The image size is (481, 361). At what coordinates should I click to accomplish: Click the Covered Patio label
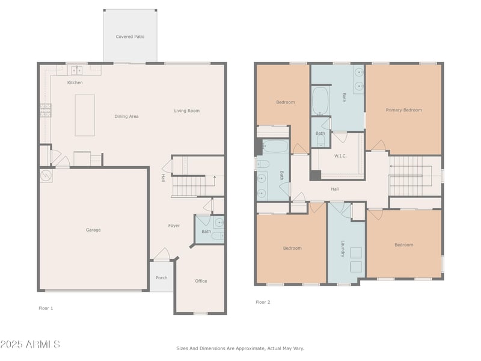pos(130,37)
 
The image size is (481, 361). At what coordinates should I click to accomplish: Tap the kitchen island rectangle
pos(85,115)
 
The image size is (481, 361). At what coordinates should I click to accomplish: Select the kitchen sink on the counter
pos(77,70)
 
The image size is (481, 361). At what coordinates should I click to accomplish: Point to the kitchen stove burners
pos(46,111)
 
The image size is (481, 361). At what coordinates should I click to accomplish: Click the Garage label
pos(93,230)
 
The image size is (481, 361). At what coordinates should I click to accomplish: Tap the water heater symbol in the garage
pos(46,175)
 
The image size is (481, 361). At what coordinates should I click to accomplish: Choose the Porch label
pos(161,278)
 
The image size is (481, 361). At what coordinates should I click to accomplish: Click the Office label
pos(201,281)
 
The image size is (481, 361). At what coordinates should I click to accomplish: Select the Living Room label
pos(187,111)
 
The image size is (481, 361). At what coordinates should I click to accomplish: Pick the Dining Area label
pos(126,116)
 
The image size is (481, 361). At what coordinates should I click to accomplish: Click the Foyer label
pos(174,226)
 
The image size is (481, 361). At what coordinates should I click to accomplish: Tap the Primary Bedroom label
pos(403,110)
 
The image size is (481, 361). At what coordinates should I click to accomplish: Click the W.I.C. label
pos(340,156)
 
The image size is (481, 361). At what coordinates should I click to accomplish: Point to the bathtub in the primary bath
pos(320,101)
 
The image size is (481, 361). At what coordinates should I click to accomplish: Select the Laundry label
pos(343,248)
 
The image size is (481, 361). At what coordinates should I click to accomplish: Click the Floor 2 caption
pos(263,302)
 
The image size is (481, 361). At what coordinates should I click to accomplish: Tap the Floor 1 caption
pos(46,308)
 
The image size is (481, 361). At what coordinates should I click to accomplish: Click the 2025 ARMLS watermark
pos(30,344)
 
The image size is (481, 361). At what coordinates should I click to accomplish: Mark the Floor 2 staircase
pos(411,176)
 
